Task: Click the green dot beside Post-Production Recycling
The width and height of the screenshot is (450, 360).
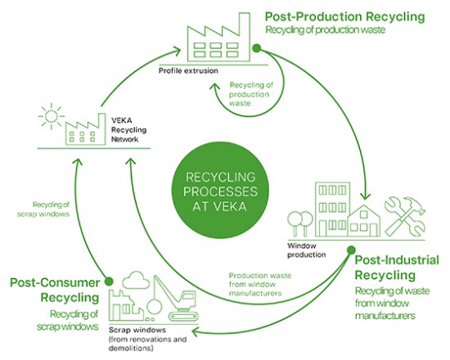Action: click(x=256, y=49)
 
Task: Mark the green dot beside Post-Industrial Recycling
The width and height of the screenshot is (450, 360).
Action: click(x=350, y=249)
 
